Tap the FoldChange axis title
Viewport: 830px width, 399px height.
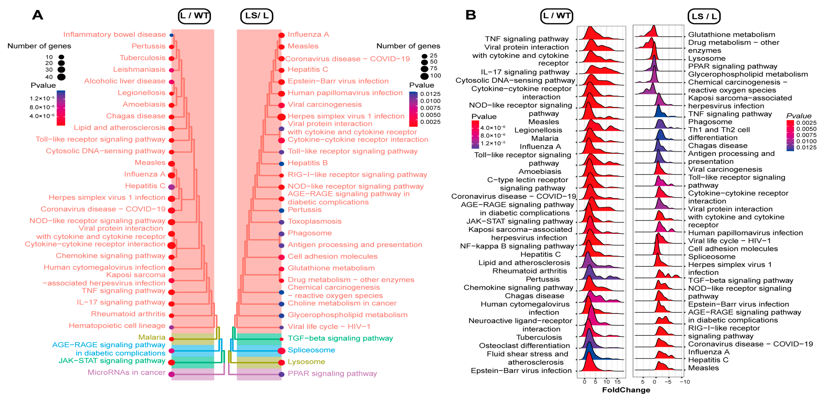[626, 390]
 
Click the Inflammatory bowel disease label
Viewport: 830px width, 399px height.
[114, 34]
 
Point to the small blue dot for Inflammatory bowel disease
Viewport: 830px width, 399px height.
[172, 35]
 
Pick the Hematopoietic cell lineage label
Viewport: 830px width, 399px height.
[117, 325]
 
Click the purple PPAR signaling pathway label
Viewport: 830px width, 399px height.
[332, 374]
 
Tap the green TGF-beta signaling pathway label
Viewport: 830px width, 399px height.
[340, 338]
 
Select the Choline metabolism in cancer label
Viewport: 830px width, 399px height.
[342, 303]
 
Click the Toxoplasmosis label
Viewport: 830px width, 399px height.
[315, 221]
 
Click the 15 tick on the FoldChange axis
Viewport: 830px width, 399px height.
[617, 382]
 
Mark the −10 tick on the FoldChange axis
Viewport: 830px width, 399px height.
[685, 382]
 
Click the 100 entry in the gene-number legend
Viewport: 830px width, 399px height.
[435, 76]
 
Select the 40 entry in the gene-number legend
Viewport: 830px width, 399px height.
[49, 77]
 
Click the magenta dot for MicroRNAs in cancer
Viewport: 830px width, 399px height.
[172, 374]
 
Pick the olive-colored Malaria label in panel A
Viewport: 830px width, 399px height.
[151, 337]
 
